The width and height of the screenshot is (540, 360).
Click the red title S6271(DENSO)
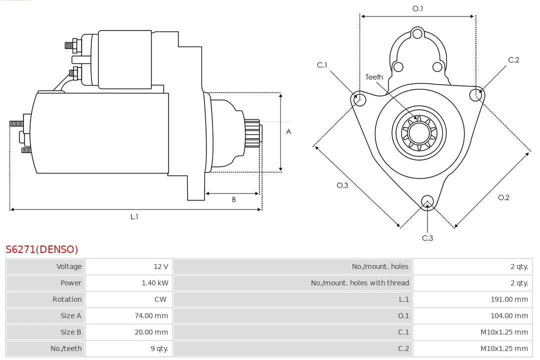click(x=42, y=249)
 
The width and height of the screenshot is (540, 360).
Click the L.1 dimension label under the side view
click(x=134, y=216)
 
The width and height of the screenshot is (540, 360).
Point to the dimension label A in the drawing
click(x=288, y=132)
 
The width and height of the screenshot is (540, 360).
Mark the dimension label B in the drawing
click(x=233, y=200)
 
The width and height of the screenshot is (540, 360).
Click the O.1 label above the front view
click(x=417, y=8)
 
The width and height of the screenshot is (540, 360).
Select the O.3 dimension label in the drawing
click(x=342, y=185)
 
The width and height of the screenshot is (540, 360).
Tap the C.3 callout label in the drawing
click(x=427, y=238)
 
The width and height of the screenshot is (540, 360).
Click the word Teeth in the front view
click(x=374, y=77)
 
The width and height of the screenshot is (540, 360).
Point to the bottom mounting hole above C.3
click(x=427, y=201)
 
